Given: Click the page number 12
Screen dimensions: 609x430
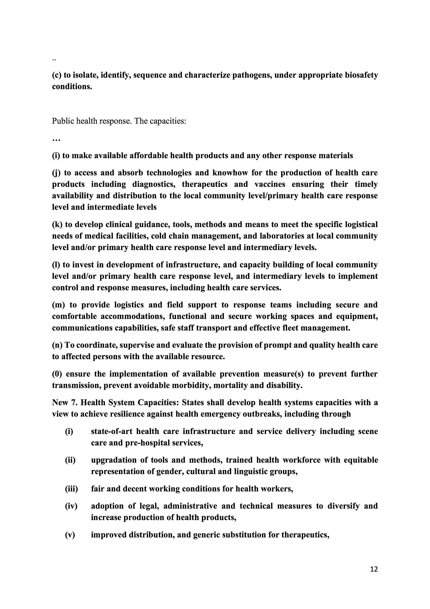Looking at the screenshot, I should pyautogui.click(x=374, y=569).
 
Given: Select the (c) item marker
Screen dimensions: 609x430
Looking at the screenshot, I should pyautogui.click(x=57, y=75).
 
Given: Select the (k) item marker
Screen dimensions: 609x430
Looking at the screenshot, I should pyautogui.click(x=57, y=225).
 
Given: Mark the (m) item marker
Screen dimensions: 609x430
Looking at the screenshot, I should pyautogui.click(x=58, y=305).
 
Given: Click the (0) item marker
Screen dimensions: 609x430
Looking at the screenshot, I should pyautogui.click(x=57, y=374).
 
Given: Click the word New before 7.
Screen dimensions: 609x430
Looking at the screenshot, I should pyautogui.click(x=61, y=403).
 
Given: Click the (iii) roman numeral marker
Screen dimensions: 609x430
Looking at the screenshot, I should pyautogui.click(x=71, y=489).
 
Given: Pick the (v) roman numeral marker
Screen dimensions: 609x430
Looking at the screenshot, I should pyautogui.click(x=70, y=535).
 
